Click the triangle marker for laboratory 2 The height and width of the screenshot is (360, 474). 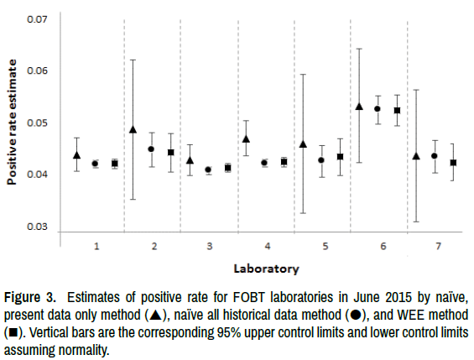click(133, 129)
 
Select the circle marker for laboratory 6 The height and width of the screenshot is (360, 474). click(378, 109)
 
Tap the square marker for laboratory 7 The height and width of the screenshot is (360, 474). click(453, 163)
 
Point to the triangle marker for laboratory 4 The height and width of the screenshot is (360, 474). click(247, 138)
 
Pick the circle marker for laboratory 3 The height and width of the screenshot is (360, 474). click(208, 170)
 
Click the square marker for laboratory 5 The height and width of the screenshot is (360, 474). click(340, 157)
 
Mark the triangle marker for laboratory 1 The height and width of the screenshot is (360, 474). click(77, 155)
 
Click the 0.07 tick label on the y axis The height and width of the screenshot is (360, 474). click(37, 19)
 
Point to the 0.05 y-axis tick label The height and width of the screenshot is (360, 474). click(37, 123)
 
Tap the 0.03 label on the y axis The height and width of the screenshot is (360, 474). click(37, 227)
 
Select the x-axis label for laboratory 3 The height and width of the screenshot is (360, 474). click(210, 247)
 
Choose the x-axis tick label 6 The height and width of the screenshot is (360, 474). click(383, 247)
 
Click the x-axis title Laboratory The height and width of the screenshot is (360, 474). click(266, 269)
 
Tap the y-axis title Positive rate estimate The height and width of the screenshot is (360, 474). click(12, 123)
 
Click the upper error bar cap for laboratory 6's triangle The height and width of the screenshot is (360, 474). click(359, 49)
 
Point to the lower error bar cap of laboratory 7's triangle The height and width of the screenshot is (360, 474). click(416, 222)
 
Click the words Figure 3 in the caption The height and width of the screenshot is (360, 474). click(30, 297)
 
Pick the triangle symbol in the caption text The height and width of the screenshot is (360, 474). click(156, 315)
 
